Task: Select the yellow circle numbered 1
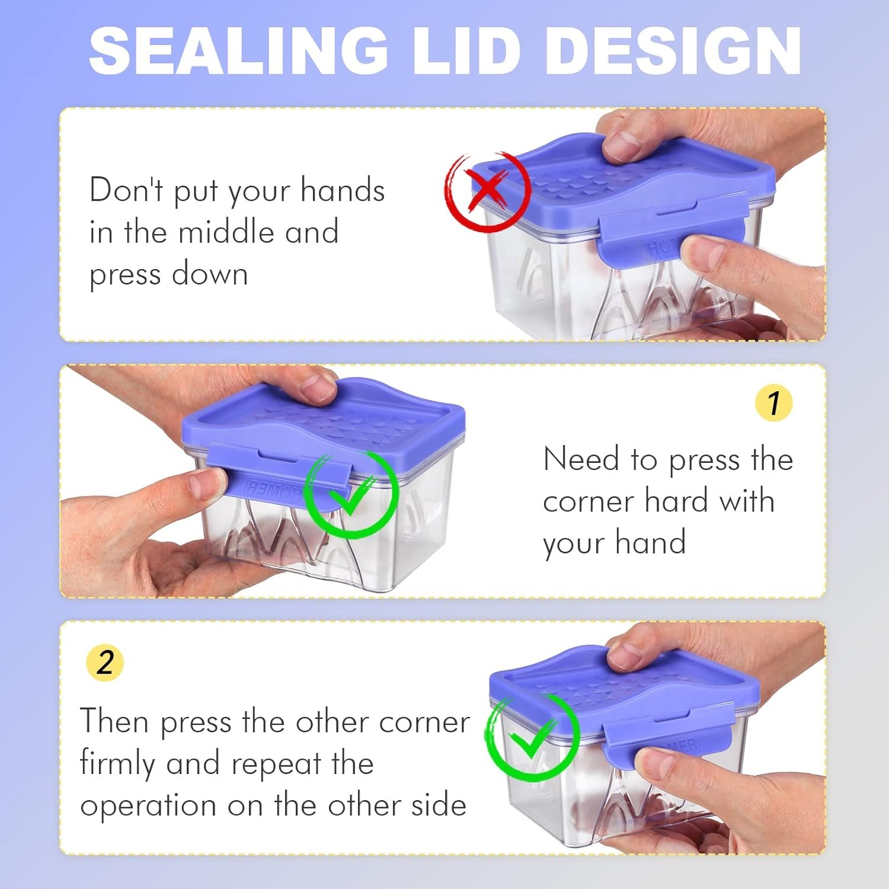[x=773, y=403]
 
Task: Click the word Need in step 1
[x=581, y=459]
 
